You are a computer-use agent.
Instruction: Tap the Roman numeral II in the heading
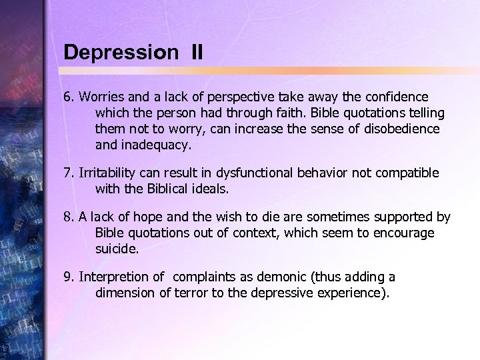196,52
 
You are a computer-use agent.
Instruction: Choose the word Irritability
111,173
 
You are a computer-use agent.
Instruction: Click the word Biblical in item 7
167,189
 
